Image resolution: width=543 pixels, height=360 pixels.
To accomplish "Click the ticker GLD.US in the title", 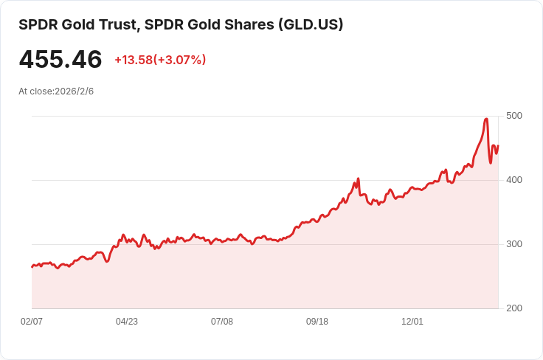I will [310, 25].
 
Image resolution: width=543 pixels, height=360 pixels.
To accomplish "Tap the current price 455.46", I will [60, 60].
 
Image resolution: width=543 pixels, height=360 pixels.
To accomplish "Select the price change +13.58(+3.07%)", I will [160, 60].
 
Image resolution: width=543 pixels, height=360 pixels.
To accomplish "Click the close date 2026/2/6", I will [75, 91].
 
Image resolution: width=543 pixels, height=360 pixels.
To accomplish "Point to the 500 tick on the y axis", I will [513, 116].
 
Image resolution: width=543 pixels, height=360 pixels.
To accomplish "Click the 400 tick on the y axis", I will [513, 180].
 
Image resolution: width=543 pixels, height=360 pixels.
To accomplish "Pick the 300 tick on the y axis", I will [513, 244].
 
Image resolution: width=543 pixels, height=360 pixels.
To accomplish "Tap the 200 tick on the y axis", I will [513, 308].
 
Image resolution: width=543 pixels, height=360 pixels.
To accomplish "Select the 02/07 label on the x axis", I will [32, 322].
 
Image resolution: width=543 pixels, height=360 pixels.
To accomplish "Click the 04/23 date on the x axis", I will [127, 322].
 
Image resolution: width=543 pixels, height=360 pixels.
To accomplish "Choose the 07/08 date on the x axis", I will [222, 322].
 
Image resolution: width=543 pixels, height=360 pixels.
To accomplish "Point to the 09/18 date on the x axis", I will [317, 322].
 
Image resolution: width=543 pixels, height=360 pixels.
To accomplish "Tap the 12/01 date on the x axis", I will [412, 322].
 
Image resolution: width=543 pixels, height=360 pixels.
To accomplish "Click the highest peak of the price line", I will [486, 119].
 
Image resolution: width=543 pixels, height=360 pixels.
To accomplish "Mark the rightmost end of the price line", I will [498, 146].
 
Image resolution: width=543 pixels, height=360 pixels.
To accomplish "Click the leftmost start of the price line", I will [32, 266].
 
